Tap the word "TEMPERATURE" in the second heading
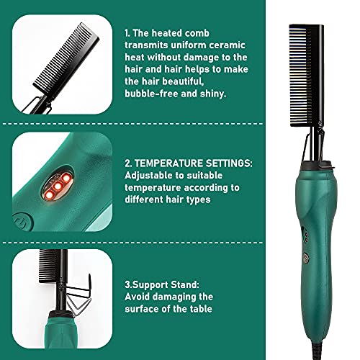174,163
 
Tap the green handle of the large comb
298,238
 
